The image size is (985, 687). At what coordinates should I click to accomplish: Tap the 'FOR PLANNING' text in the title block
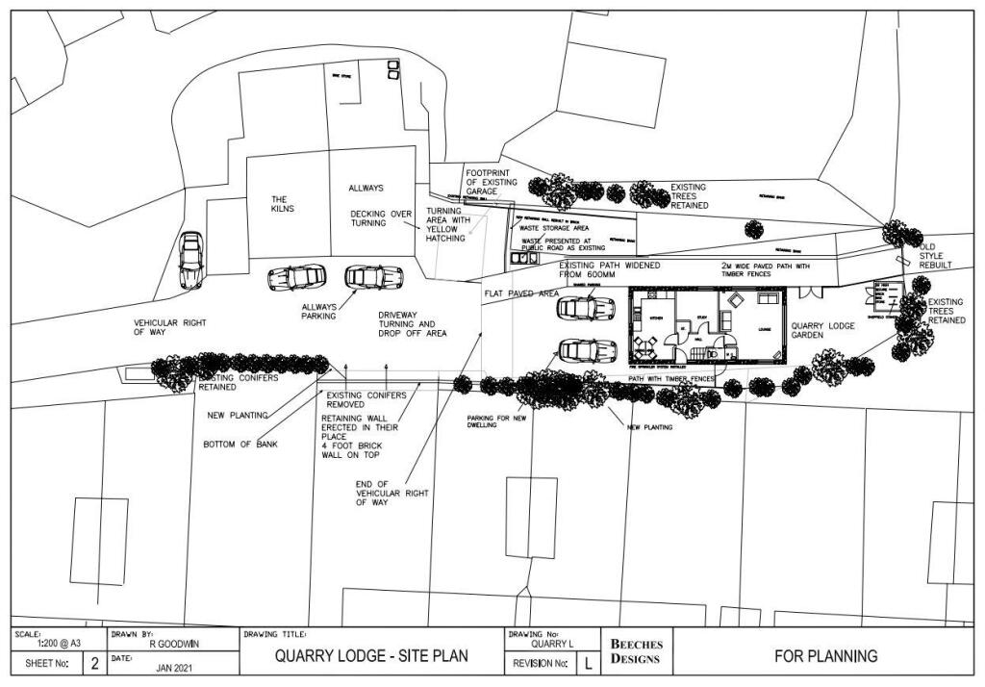(825, 656)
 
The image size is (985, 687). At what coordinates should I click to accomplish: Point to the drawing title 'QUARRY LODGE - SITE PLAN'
(371, 656)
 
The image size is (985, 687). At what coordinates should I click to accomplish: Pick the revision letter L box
(589, 664)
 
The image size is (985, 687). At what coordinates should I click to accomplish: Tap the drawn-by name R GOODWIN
(173, 646)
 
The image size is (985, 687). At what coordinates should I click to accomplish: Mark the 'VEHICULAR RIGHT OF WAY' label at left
(170, 327)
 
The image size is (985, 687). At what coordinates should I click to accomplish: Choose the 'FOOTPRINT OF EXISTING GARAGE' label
(491, 182)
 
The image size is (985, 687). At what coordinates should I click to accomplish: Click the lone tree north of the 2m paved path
(754, 230)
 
